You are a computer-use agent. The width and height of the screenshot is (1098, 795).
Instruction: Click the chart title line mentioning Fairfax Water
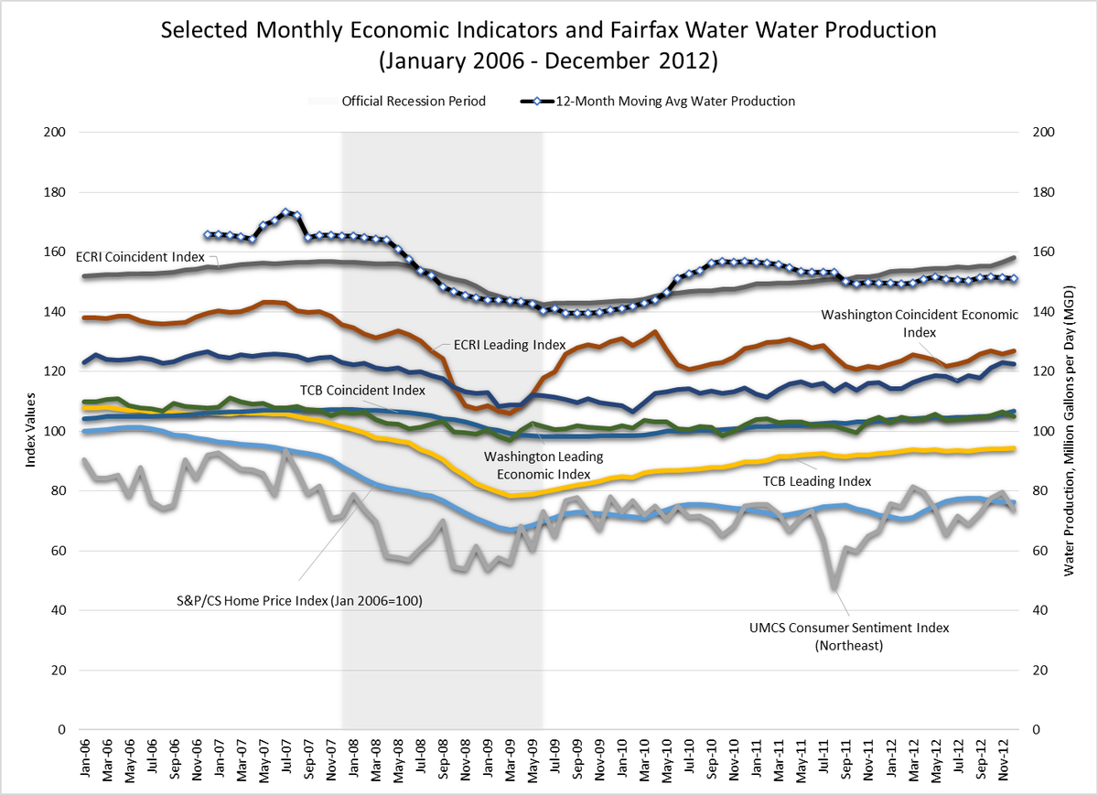point(548,29)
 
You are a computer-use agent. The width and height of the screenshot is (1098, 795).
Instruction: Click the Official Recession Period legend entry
point(413,101)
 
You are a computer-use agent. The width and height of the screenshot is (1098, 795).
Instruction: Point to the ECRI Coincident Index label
point(139,258)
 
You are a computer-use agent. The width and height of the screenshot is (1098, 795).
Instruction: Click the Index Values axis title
point(30,431)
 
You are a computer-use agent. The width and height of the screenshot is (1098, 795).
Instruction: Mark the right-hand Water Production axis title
point(1069,431)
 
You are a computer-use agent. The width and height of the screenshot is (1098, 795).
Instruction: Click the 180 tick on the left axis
point(56,192)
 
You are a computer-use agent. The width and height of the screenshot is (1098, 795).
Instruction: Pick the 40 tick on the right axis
point(1044,610)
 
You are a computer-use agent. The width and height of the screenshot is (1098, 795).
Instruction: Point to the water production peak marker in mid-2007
point(285,212)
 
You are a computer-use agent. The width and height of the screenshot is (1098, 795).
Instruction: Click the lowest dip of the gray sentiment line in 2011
point(834,587)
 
